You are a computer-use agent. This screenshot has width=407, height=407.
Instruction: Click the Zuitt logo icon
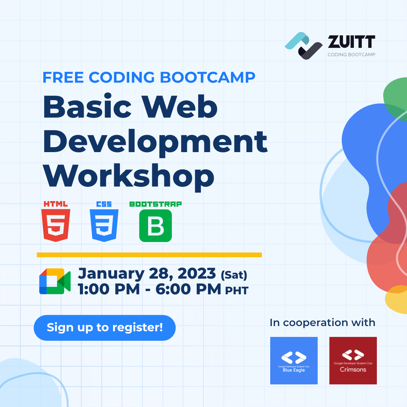(304, 46)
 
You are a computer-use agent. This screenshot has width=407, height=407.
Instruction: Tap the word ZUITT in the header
(351, 42)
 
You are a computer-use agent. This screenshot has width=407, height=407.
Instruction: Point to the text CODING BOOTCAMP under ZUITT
(351, 55)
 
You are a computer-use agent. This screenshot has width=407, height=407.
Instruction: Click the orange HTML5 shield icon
(56, 225)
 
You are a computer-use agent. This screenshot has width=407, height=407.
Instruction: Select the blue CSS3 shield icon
(104, 225)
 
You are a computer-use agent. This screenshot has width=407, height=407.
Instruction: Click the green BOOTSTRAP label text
(155, 204)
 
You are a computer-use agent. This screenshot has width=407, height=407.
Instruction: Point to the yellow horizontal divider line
(149, 255)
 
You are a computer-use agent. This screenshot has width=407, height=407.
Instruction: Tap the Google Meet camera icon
(55, 281)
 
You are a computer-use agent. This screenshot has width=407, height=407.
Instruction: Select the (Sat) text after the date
(234, 275)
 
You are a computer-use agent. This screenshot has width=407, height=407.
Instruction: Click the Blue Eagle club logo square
(294, 361)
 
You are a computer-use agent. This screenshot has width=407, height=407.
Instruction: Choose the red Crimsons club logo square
(353, 361)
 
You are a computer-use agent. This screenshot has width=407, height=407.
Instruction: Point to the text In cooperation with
(322, 323)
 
